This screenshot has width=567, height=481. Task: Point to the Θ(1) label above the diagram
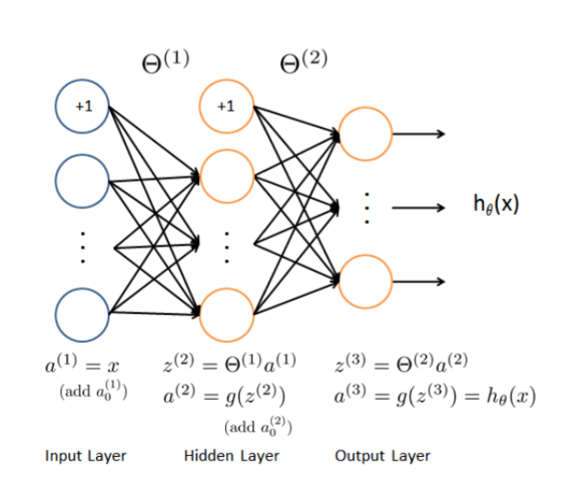[166, 62]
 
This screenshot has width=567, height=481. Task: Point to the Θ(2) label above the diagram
[303, 62]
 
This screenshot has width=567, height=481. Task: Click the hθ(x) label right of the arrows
[496, 205]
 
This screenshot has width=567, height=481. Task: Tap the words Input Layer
[86, 456]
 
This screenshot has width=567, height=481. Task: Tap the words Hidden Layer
[231, 456]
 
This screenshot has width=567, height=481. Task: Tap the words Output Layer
[383, 456]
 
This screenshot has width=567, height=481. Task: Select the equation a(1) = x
[82, 364]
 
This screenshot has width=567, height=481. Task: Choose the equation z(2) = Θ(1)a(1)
[230, 364]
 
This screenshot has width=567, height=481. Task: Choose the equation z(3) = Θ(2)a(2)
[401, 364]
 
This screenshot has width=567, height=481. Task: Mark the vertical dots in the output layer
[367, 208]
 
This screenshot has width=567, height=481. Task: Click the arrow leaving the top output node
[419, 135]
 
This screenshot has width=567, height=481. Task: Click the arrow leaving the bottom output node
[419, 282]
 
